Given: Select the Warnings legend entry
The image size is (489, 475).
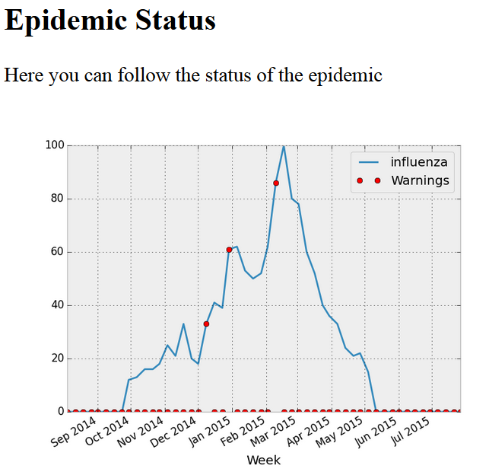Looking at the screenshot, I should tap(420, 180).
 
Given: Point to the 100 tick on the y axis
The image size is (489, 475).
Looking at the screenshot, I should tap(54, 145).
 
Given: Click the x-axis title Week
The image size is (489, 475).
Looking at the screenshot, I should tap(263, 461).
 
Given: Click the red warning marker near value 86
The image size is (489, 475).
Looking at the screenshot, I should tap(276, 183).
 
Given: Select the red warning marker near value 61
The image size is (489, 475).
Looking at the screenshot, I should tap(229, 250).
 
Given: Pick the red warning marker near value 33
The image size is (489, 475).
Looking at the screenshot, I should tap(206, 324).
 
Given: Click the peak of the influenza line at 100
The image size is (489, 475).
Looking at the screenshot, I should tap(284, 146).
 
